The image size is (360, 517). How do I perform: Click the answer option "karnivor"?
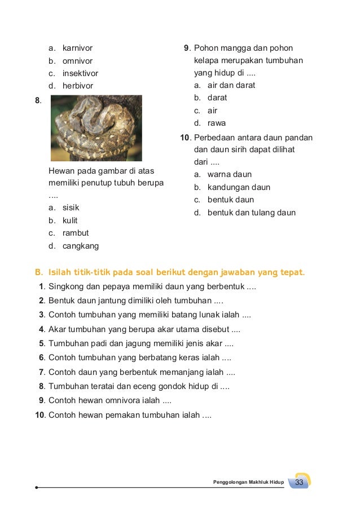coord(77,48)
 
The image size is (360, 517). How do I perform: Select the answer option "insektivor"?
coord(80,73)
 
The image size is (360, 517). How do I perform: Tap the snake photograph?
coord(96,128)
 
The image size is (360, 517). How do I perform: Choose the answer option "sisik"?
coord(71,207)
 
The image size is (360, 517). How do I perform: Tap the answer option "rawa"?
coord(217,123)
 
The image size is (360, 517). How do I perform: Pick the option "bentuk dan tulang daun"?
coord(251,213)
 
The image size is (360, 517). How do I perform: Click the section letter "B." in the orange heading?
coord(39,273)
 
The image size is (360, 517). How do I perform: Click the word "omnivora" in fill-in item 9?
coord(136,401)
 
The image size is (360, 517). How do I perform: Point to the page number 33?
coord(299,482)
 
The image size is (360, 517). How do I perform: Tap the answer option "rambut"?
coord(76,233)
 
